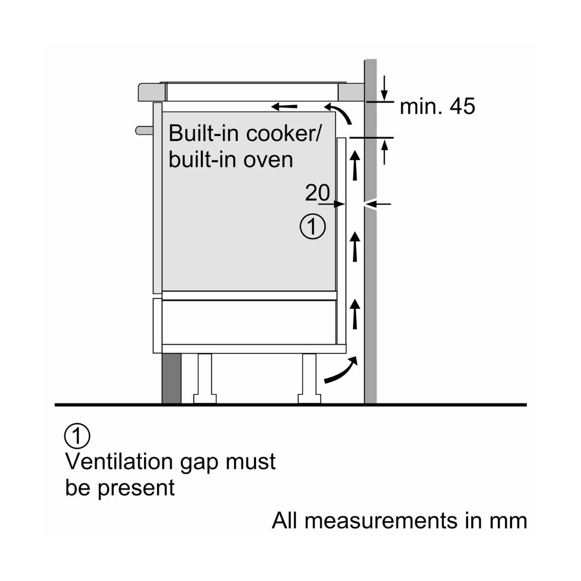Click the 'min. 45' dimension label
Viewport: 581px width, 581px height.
437,107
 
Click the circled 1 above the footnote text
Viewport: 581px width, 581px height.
77,436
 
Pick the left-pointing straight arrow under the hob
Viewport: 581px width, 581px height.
284,106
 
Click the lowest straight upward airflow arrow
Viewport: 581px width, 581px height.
355,314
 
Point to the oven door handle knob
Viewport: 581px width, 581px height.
143,130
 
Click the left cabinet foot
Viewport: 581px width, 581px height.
204,379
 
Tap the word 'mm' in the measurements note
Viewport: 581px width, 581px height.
508,520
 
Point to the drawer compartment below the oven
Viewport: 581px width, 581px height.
249,321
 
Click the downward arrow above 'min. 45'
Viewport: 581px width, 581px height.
384,88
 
